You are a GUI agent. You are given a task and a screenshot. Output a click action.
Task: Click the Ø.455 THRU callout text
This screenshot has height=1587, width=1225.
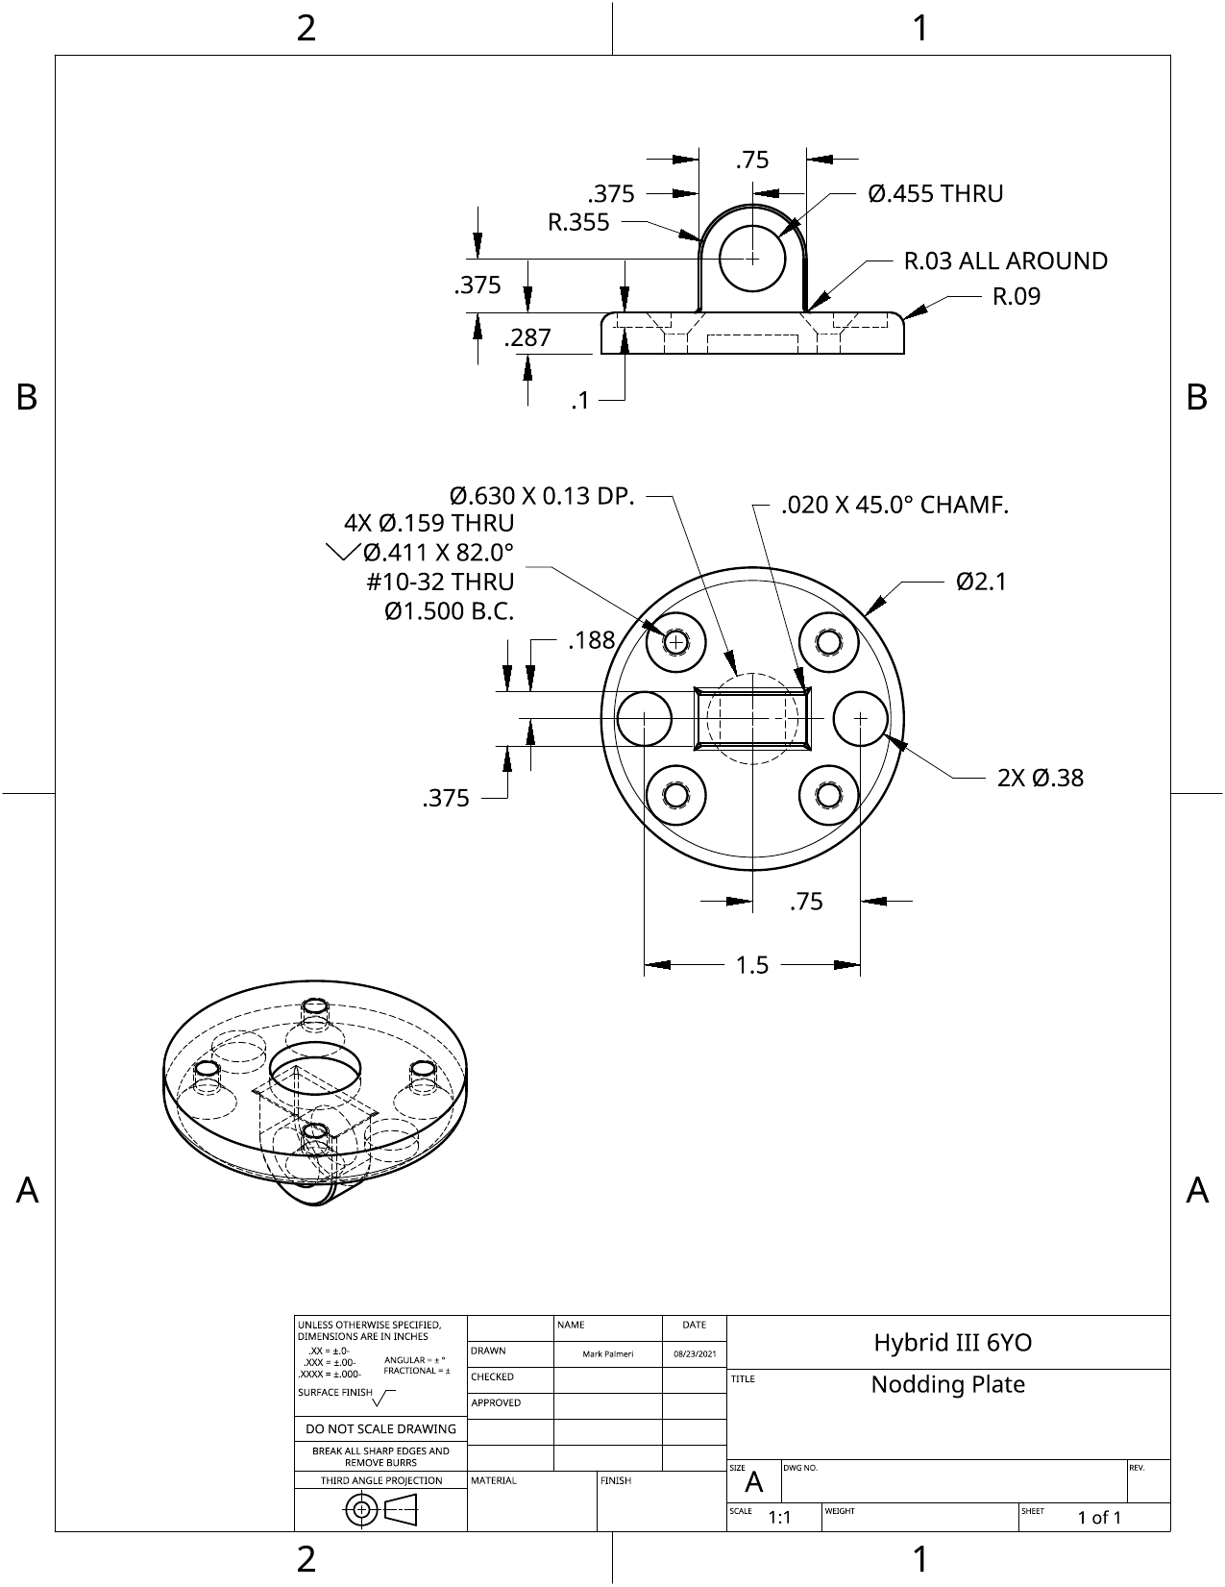point(935,193)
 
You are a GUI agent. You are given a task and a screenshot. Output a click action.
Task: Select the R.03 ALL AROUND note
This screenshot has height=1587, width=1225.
point(1005,260)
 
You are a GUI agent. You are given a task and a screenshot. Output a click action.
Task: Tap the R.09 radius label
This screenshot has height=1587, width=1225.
point(1017,296)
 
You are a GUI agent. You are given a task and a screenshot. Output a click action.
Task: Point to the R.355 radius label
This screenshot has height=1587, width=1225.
point(578,222)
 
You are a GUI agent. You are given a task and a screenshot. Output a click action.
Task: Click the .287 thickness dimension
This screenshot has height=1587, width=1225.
point(527,337)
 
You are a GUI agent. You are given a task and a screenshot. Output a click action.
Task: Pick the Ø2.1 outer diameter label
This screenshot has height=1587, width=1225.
point(981,583)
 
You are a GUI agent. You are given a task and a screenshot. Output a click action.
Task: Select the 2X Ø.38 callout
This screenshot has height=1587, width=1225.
point(1041,778)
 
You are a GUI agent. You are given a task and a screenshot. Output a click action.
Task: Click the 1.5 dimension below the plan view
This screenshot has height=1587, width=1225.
point(752,965)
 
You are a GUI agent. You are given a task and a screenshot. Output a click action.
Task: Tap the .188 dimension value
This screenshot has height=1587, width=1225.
point(591,640)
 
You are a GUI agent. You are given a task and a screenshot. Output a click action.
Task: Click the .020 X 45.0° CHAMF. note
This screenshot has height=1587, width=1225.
point(895,505)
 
